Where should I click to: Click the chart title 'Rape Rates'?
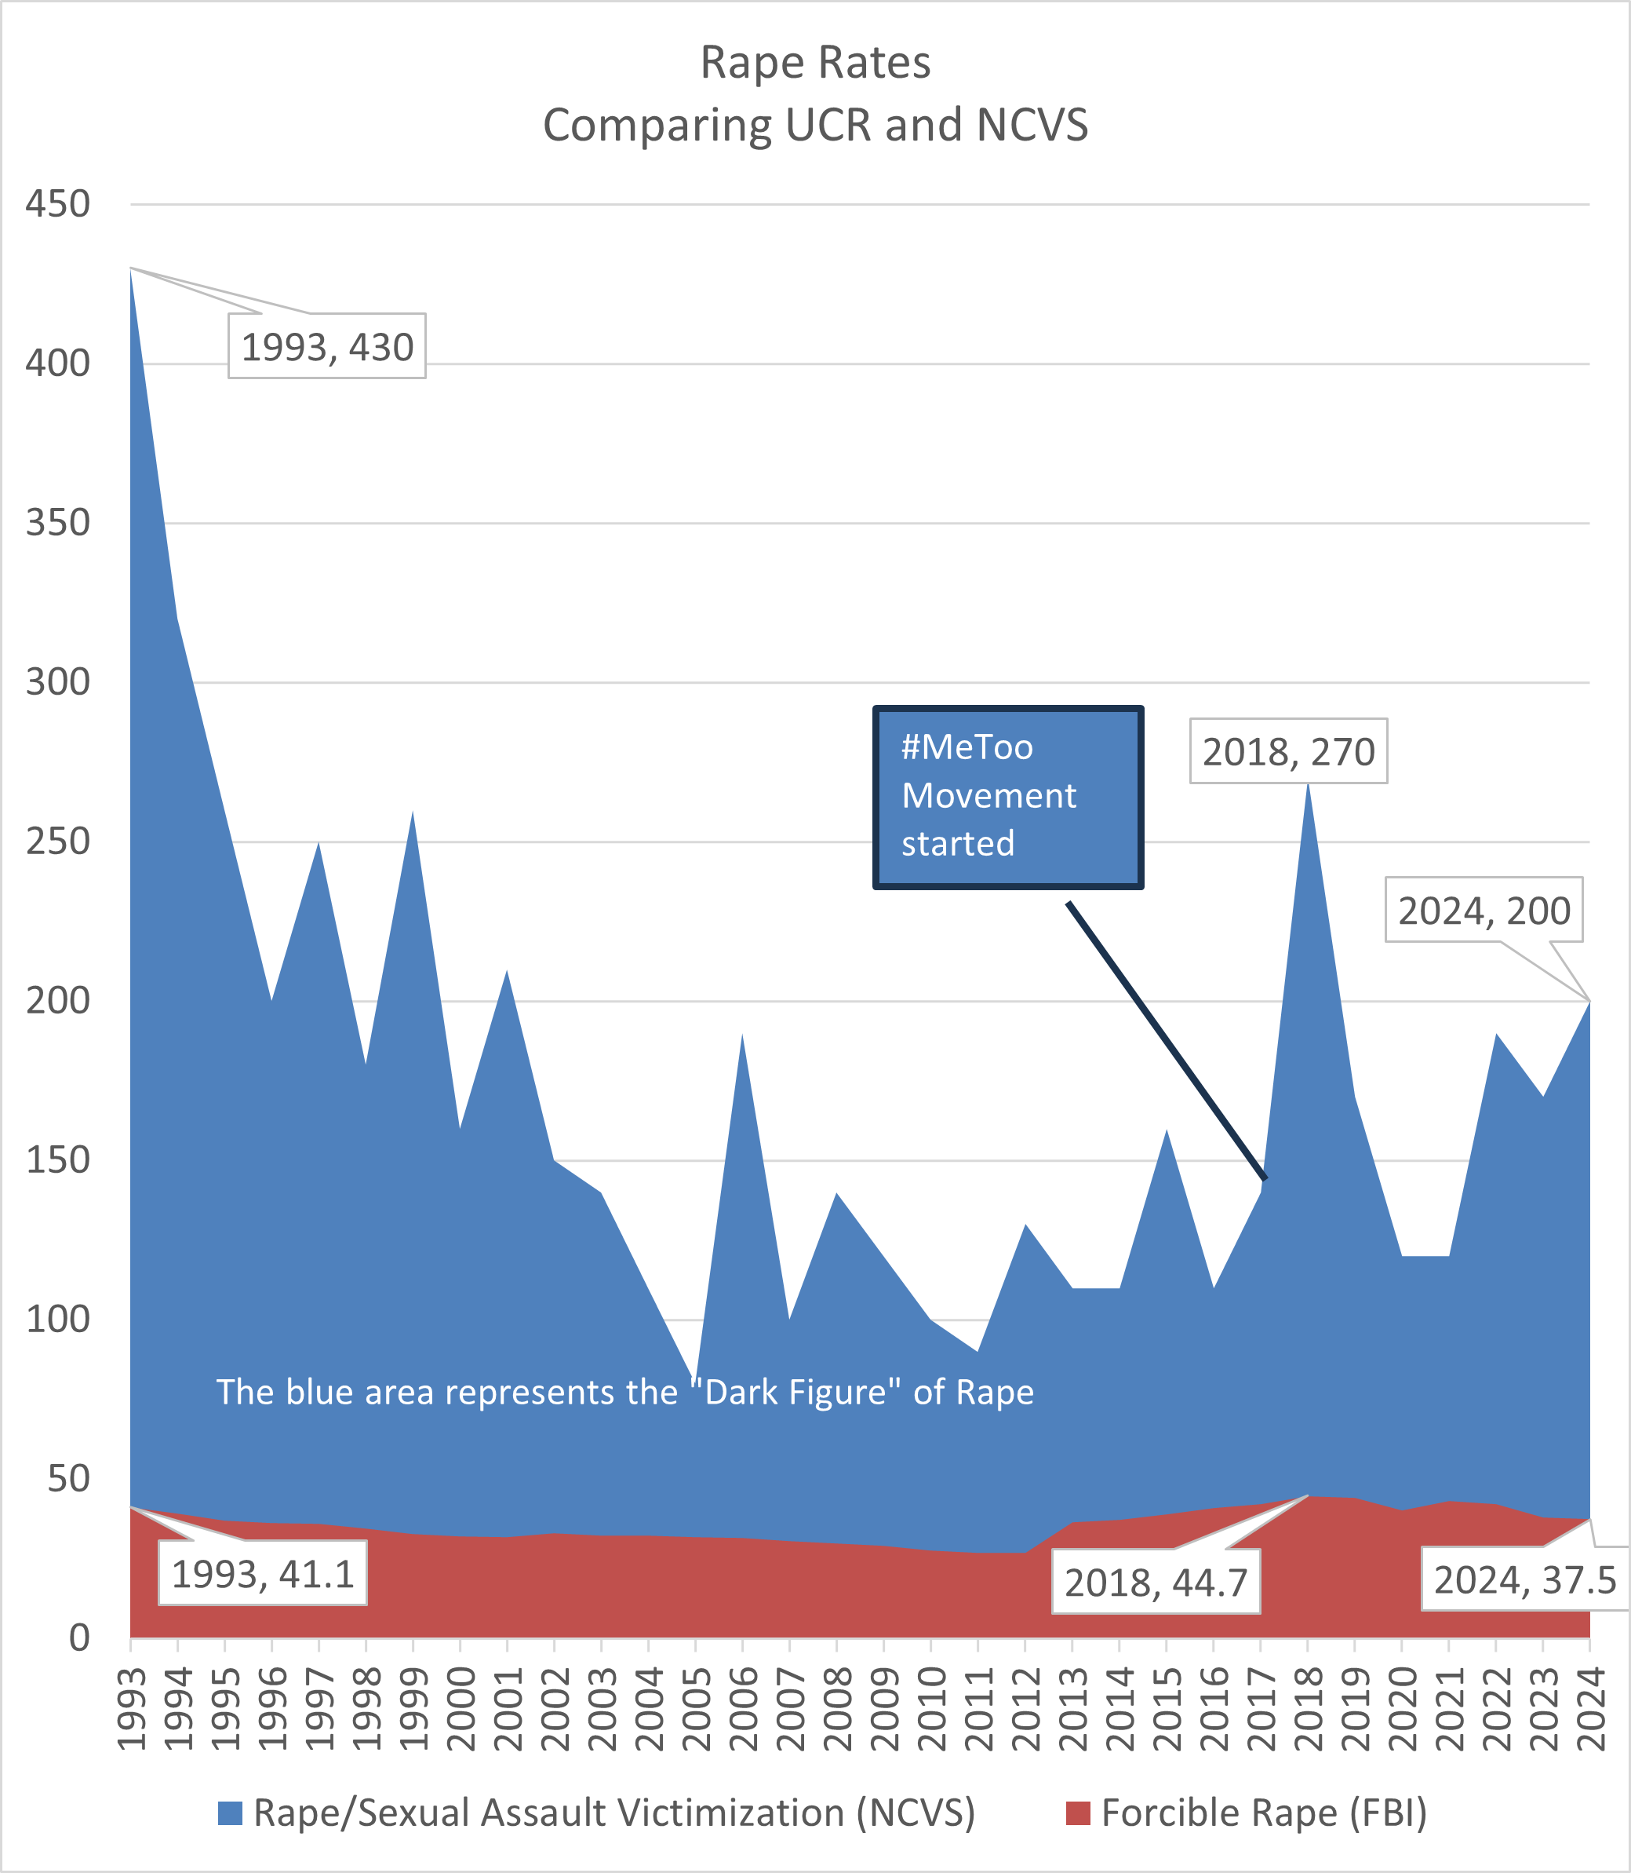pyautogui.click(x=814, y=63)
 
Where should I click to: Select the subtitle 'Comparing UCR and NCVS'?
pyautogui.click(x=814, y=125)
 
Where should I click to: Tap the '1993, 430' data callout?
pyautogui.click(x=326, y=347)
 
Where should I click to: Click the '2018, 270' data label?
pyautogui.click(x=1288, y=751)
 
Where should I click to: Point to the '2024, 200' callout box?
pyautogui.click(x=1484, y=911)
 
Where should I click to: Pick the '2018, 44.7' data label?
pyautogui.click(x=1156, y=1583)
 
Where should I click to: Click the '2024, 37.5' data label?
pyautogui.click(x=1524, y=1579)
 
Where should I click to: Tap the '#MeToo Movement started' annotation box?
pyautogui.click(x=1007, y=796)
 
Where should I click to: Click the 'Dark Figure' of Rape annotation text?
pyautogui.click(x=624, y=1393)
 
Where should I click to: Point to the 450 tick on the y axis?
pyautogui.click(x=57, y=204)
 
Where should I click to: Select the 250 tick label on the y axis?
pyautogui.click(x=57, y=842)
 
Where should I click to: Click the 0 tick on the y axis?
pyautogui.click(x=79, y=1638)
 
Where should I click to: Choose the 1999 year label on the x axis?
pyautogui.click(x=414, y=1709)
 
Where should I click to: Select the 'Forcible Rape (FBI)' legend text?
pyautogui.click(x=1263, y=1813)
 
